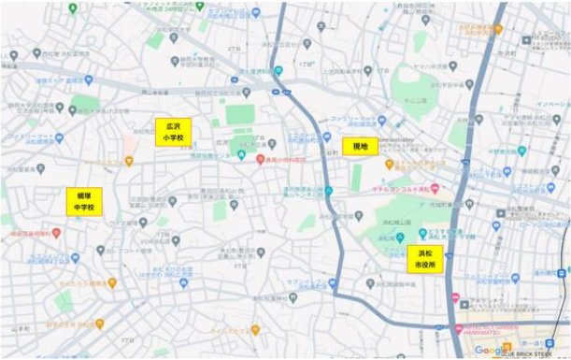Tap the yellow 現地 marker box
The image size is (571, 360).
[x=360, y=146]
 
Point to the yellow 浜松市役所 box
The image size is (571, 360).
[x=424, y=259]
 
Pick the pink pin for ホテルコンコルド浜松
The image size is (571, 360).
[x=435, y=188]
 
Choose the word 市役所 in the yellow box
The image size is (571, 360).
[x=424, y=265]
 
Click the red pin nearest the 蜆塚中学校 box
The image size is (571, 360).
[x=56, y=232]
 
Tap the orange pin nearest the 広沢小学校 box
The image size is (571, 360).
[x=129, y=161]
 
